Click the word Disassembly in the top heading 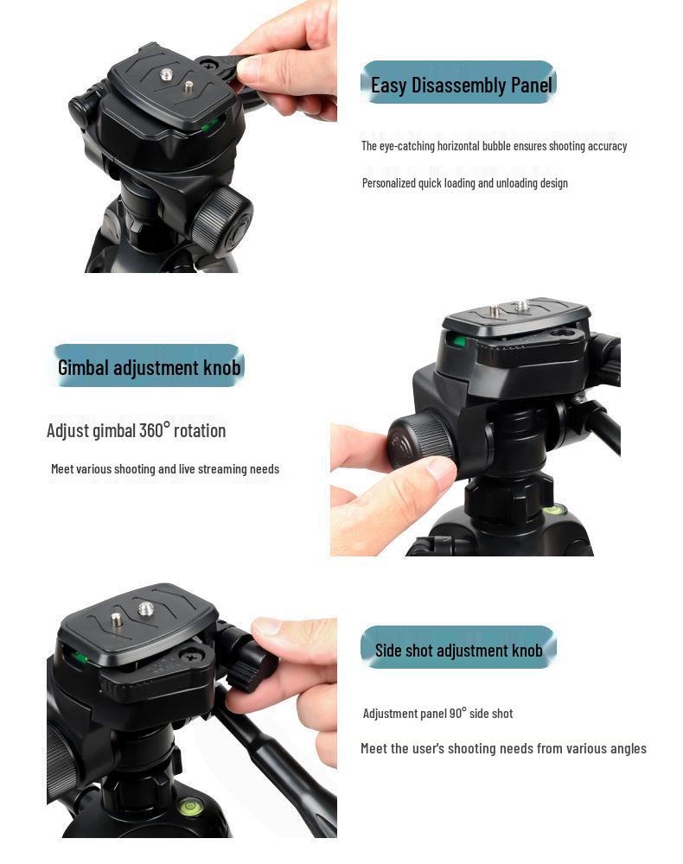[x=459, y=85]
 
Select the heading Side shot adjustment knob [x=458, y=651]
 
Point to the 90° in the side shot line [x=457, y=713]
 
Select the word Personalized [x=389, y=183]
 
